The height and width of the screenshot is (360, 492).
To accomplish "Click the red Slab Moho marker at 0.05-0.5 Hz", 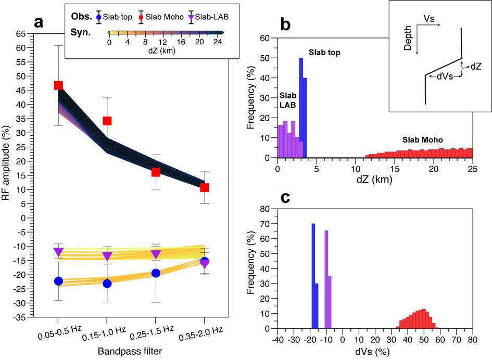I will tap(58, 85).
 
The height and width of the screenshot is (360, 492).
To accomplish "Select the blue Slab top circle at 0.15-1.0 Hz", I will tap(107, 284).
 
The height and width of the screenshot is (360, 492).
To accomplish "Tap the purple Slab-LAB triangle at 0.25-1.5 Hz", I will tap(156, 254).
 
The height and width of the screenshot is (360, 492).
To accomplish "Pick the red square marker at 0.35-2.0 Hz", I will tap(204, 187).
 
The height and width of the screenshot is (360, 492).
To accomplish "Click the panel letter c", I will tap(286, 198).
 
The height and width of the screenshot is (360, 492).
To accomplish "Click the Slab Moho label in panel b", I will tap(423, 140).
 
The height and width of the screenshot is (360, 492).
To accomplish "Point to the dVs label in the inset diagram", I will tap(444, 77).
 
